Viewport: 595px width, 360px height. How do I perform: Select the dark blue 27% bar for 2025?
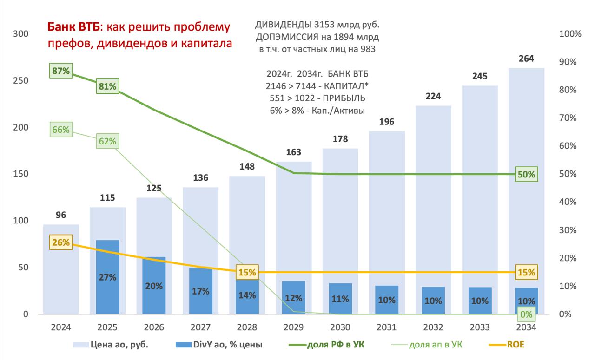coord(108,277)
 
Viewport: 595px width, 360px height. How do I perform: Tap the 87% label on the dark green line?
coord(61,71)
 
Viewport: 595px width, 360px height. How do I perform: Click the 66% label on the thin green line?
coord(61,130)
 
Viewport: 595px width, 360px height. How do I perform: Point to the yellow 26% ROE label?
coord(61,242)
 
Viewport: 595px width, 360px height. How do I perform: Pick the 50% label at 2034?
coord(526,175)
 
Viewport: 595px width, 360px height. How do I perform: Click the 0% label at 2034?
coord(526,314)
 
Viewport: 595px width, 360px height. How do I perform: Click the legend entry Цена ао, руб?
coord(118,344)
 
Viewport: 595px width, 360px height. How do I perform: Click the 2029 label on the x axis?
coord(294,327)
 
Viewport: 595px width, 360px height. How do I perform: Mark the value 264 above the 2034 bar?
coord(526,59)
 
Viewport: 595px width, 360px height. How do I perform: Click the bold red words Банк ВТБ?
coord(72,27)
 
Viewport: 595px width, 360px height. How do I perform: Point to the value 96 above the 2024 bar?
coord(61,215)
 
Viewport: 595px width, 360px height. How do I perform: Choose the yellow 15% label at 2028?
coord(247,272)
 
